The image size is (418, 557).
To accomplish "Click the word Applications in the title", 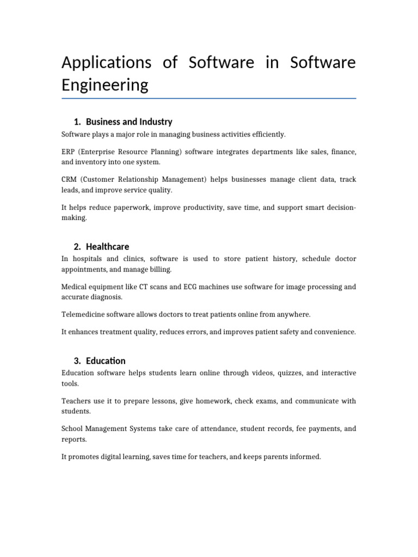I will point(106,63).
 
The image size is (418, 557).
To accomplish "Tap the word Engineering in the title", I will point(104,85).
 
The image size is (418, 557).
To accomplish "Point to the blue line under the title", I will point(209,98).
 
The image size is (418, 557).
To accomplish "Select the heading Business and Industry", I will point(129,122).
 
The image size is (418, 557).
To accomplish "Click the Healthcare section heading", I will point(107,246).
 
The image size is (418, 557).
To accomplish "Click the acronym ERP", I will point(69,151).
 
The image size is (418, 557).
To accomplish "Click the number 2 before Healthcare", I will point(77,246).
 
